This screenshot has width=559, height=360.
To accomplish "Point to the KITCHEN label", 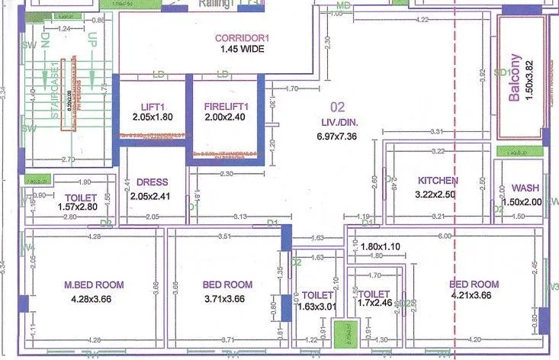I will click(439, 181).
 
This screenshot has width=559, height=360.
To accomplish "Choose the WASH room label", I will click(526, 188).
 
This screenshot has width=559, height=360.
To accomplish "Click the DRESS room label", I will click(153, 183).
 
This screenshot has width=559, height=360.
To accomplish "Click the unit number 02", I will click(337, 108).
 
